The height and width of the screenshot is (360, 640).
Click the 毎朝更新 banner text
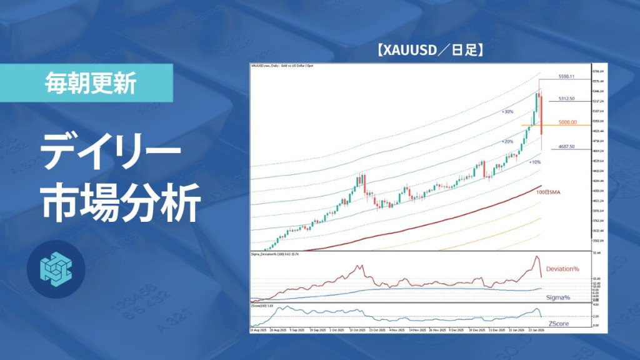click(91, 83)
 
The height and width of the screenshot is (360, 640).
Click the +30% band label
click(507, 112)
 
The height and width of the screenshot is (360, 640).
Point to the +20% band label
click(507, 142)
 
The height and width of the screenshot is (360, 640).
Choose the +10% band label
click(534, 162)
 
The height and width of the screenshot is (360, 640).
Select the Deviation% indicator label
click(562, 269)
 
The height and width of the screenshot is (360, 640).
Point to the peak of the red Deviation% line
click(536, 257)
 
